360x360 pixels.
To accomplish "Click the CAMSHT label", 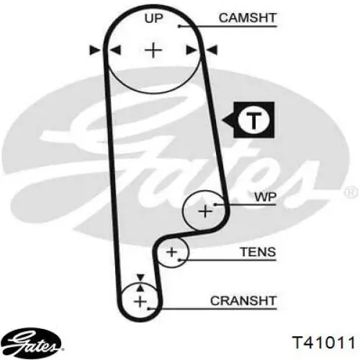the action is [x=248, y=18].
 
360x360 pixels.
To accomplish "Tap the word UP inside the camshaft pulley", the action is [x=153, y=18].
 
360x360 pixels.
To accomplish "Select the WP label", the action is [x=266, y=197].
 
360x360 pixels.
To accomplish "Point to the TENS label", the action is [x=258, y=252].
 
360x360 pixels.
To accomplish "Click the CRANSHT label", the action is [x=243, y=301].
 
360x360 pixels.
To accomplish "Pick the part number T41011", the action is [x=323, y=342].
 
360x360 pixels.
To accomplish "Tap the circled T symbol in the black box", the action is [x=254, y=120].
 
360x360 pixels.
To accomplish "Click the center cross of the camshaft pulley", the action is [x=153, y=50].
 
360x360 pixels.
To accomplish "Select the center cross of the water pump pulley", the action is [x=205, y=211].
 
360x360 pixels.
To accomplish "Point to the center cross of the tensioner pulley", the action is [x=171, y=252].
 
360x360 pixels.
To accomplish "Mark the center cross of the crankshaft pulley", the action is [x=140, y=302].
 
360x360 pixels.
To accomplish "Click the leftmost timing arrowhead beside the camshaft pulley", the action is [x=95, y=50].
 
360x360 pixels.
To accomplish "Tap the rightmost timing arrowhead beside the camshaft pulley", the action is [x=212, y=50].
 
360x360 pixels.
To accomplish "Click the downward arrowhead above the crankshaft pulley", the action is [x=140, y=277].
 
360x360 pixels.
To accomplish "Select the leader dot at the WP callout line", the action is [x=215, y=204].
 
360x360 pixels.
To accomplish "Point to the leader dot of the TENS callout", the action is [x=179, y=260].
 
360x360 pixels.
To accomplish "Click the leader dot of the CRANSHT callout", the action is [x=149, y=309].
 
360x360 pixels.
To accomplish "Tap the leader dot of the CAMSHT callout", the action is [x=179, y=26].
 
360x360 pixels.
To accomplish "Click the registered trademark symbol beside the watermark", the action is [x=351, y=192].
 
